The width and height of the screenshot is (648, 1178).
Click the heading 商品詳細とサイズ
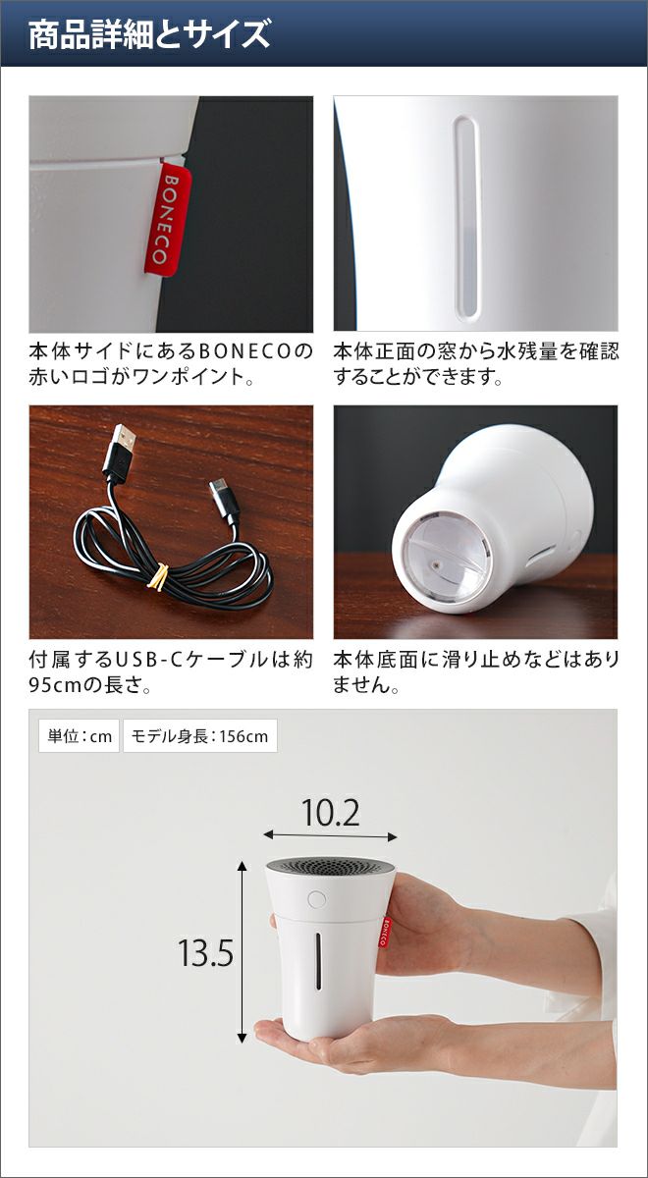coord(149,34)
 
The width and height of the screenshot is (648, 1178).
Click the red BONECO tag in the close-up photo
coord(168,220)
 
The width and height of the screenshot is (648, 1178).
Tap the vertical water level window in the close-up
coord(465,219)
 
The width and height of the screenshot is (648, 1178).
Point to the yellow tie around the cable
coord(158,576)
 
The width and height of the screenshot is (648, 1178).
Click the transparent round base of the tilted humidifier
coord(448,558)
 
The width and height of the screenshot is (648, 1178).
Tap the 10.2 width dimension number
coord(331,813)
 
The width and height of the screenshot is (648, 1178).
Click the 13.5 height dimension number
coord(205,952)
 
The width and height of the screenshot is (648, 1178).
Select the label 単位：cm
coord(80,735)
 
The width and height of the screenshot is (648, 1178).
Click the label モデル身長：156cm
coord(200,735)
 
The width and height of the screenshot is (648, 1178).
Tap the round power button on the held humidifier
coord(316,899)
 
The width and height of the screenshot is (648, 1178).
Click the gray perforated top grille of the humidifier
coord(330,866)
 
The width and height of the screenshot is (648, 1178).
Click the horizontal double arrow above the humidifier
coord(330,835)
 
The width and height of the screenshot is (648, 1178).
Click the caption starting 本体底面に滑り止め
coord(475,672)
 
